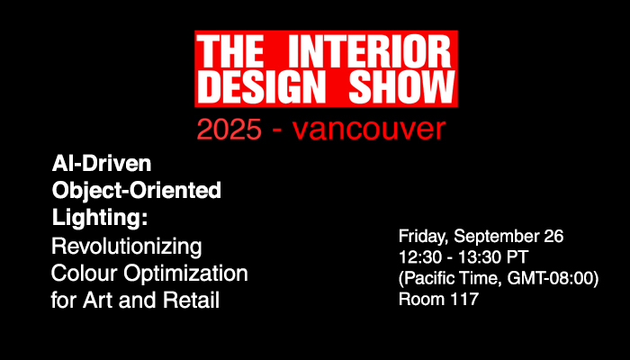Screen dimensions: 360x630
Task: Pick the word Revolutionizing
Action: [127, 245]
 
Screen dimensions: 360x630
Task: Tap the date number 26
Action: [553, 238]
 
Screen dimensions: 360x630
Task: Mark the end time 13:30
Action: [474, 258]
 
